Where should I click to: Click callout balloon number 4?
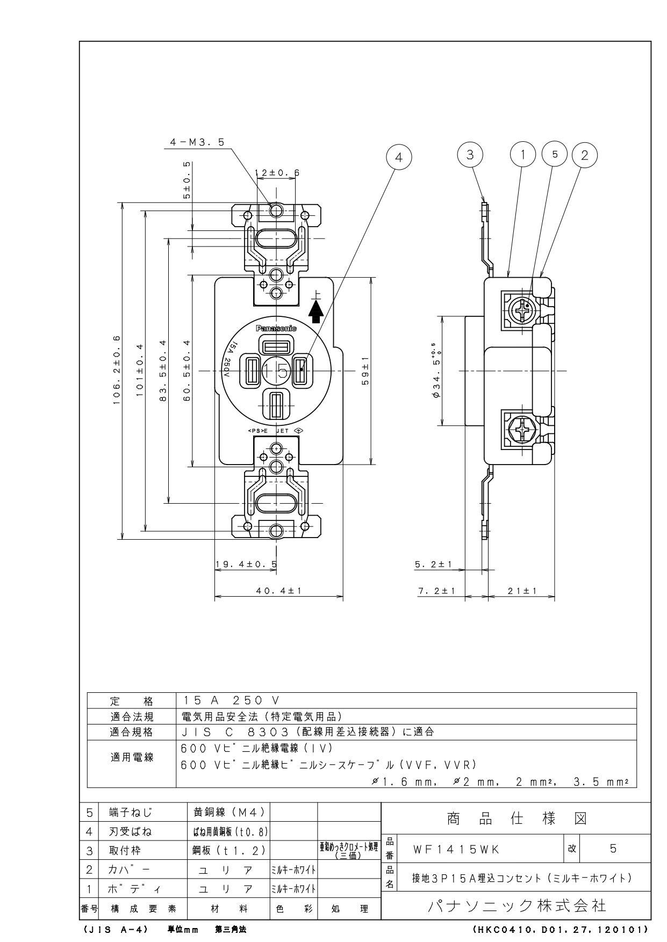point(398,157)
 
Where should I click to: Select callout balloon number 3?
point(470,155)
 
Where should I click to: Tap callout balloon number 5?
point(555,155)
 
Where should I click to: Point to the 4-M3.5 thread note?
point(197,142)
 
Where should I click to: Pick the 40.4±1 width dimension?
point(278,590)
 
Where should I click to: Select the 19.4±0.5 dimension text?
point(246,564)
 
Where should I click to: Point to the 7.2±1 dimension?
point(436,590)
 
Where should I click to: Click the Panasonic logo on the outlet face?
point(276,328)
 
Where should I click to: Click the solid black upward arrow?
point(317,311)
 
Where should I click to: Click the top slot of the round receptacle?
point(276,344)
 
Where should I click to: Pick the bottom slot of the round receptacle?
point(276,405)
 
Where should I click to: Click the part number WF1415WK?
point(456,849)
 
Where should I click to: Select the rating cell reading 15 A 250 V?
point(230,700)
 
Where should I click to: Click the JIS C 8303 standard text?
point(307,731)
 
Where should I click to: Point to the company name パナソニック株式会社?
point(517,906)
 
